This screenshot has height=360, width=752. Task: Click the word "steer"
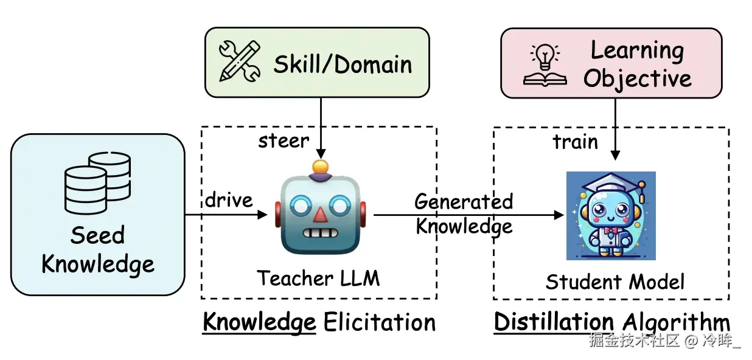[x=284, y=141]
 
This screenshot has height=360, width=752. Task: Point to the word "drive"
[x=228, y=200]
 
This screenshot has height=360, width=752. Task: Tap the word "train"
[x=575, y=142]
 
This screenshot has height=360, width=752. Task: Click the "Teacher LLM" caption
[x=318, y=279]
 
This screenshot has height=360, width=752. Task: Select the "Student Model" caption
[x=614, y=282]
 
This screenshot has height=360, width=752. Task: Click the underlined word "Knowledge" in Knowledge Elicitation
[x=259, y=322]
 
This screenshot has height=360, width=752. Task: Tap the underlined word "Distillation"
[x=553, y=322]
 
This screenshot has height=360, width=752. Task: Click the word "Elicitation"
[x=380, y=322]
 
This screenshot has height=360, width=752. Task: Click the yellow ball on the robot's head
[x=319, y=166]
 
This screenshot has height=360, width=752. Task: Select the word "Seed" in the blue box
[x=97, y=235]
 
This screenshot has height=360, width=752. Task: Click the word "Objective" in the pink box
[x=638, y=79]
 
